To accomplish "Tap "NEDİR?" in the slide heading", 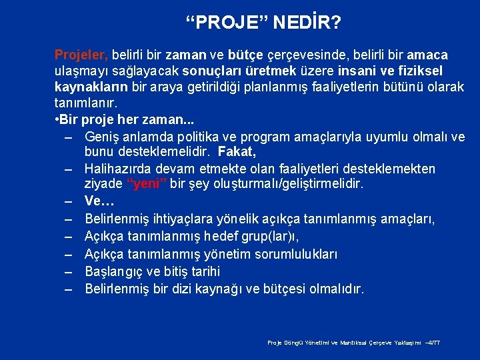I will [307, 24].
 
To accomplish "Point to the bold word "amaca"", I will [427, 55].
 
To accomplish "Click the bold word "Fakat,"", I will [237, 151].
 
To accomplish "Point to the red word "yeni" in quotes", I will [147, 184].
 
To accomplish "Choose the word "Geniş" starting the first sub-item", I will [103, 137].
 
